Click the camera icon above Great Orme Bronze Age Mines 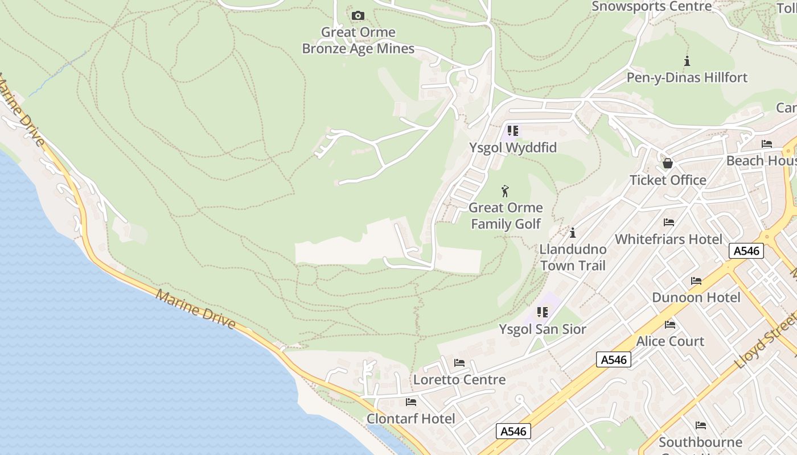[358, 15]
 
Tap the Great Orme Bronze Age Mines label [358, 40]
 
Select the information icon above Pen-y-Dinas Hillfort [687, 61]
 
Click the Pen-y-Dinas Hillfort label [687, 77]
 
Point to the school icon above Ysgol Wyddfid [513, 131]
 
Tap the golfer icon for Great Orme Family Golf [505, 191]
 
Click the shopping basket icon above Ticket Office [668, 164]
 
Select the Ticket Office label [668, 180]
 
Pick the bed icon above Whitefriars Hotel [669, 222]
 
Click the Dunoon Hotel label [696, 297]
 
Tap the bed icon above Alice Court [670, 325]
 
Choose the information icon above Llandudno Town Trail [573, 233]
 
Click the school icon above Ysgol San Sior [543, 312]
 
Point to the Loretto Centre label [459, 379]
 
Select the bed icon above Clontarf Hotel [411, 402]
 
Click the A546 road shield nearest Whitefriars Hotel [746, 251]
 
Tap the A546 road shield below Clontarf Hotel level [513, 431]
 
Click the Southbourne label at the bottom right [700, 442]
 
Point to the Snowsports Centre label [652, 6]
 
